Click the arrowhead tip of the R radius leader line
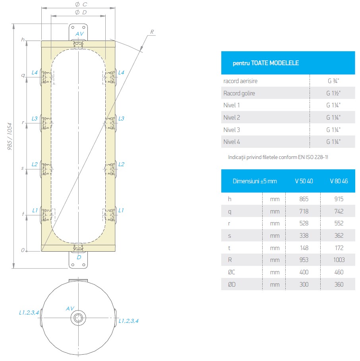pyautogui.click(x=140, y=50)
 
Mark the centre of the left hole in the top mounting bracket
pyautogui.click(x=73, y=27)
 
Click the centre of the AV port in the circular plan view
pyautogui.click(x=78, y=318)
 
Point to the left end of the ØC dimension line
pyautogui.click(x=42, y=8)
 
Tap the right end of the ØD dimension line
pyautogui.click(x=105, y=16)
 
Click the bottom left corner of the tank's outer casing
pyautogui.click(x=41, y=251)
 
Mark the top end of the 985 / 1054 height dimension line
pyautogui.click(x=14, y=24)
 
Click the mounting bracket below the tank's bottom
pyautogui.click(x=78, y=260)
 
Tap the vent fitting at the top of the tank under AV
pyautogui.click(x=78, y=45)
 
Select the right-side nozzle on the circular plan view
pyautogui.click(x=115, y=318)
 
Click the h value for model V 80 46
pyautogui.click(x=339, y=199)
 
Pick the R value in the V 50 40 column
pyautogui.click(x=304, y=260)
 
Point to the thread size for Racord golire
pyautogui.click(x=333, y=93)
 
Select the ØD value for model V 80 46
pyautogui.click(x=339, y=284)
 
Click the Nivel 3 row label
pyautogui.click(x=232, y=130)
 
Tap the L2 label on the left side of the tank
pyautogui.click(x=35, y=164)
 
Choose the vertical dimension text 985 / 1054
pyautogui.click(x=10, y=136)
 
